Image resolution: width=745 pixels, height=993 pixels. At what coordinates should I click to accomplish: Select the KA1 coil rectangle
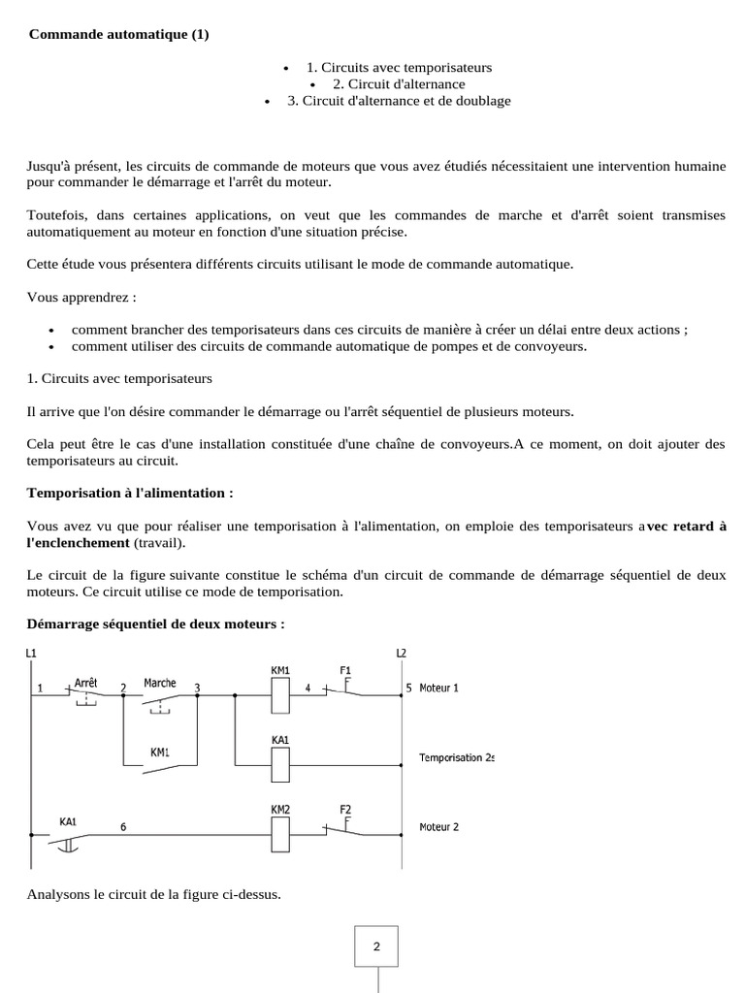[278, 764]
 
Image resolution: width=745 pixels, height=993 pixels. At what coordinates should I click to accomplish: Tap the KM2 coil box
[278, 832]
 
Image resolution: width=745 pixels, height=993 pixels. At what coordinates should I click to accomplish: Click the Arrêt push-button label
[85, 682]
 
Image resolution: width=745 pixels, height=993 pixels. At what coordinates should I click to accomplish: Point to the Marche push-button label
[159, 682]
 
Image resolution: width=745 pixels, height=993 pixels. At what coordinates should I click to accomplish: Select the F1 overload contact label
[345, 670]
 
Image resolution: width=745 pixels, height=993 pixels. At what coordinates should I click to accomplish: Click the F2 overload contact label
[345, 808]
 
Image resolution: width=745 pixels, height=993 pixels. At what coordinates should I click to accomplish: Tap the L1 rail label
[31, 653]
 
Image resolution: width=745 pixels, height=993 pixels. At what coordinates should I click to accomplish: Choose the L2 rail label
[402, 653]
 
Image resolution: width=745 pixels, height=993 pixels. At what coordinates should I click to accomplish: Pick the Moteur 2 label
[438, 827]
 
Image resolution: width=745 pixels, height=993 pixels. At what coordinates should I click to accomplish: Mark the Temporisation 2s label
[456, 756]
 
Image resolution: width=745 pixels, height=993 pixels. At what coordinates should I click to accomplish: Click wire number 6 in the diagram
[122, 827]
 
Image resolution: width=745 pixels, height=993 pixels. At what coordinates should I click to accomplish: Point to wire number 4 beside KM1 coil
[308, 688]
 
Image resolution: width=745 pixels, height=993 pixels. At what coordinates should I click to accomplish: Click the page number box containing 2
[376, 946]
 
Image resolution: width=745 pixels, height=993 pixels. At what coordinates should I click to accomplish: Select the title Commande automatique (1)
[118, 34]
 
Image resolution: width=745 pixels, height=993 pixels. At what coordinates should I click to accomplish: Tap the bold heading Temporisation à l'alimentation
[130, 493]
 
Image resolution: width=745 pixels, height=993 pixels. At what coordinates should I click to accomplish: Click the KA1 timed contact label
[67, 820]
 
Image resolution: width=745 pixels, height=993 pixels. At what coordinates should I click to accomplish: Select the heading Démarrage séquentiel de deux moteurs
[156, 623]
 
